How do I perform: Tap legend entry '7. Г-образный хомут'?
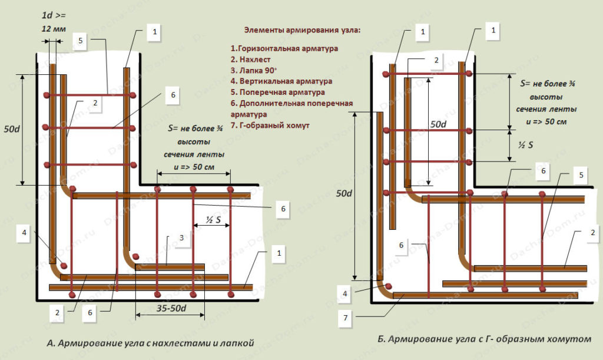tap(270, 125)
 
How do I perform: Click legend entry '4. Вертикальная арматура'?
tap(281, 81)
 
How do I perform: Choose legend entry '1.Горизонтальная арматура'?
tap(284, 48)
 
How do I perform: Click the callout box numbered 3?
tap(183, 237)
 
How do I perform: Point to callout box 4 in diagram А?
tap(25, 232)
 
